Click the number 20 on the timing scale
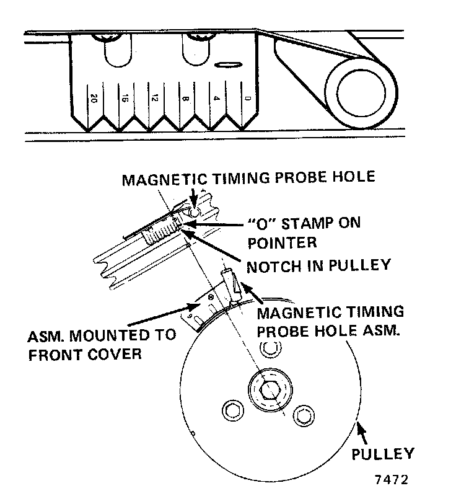94,99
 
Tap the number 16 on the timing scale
124,99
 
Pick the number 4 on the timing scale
216,99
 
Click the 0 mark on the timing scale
247,99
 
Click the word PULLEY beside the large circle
382,454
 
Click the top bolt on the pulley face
268,348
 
